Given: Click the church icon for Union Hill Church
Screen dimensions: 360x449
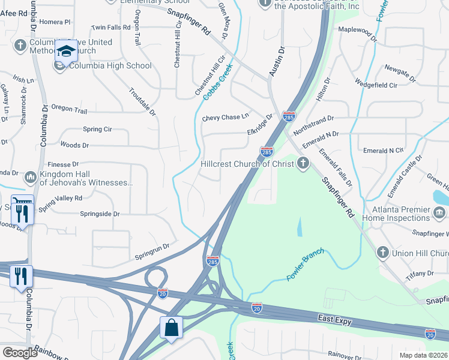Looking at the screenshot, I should click(383, 253).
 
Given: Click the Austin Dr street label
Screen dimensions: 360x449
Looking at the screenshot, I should click(277, 62).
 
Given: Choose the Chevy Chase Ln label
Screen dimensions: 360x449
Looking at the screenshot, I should click(225, 117).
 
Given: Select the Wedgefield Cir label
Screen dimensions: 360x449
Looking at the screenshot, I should click(376, 85).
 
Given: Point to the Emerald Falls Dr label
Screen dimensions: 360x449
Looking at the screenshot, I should click(336, 167).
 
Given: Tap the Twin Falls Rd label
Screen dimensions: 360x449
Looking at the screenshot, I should click(110, 28).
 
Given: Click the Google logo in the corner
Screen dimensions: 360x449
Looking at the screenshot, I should click(20, 353).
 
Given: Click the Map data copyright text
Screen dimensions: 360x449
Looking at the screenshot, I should click(423, 355).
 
